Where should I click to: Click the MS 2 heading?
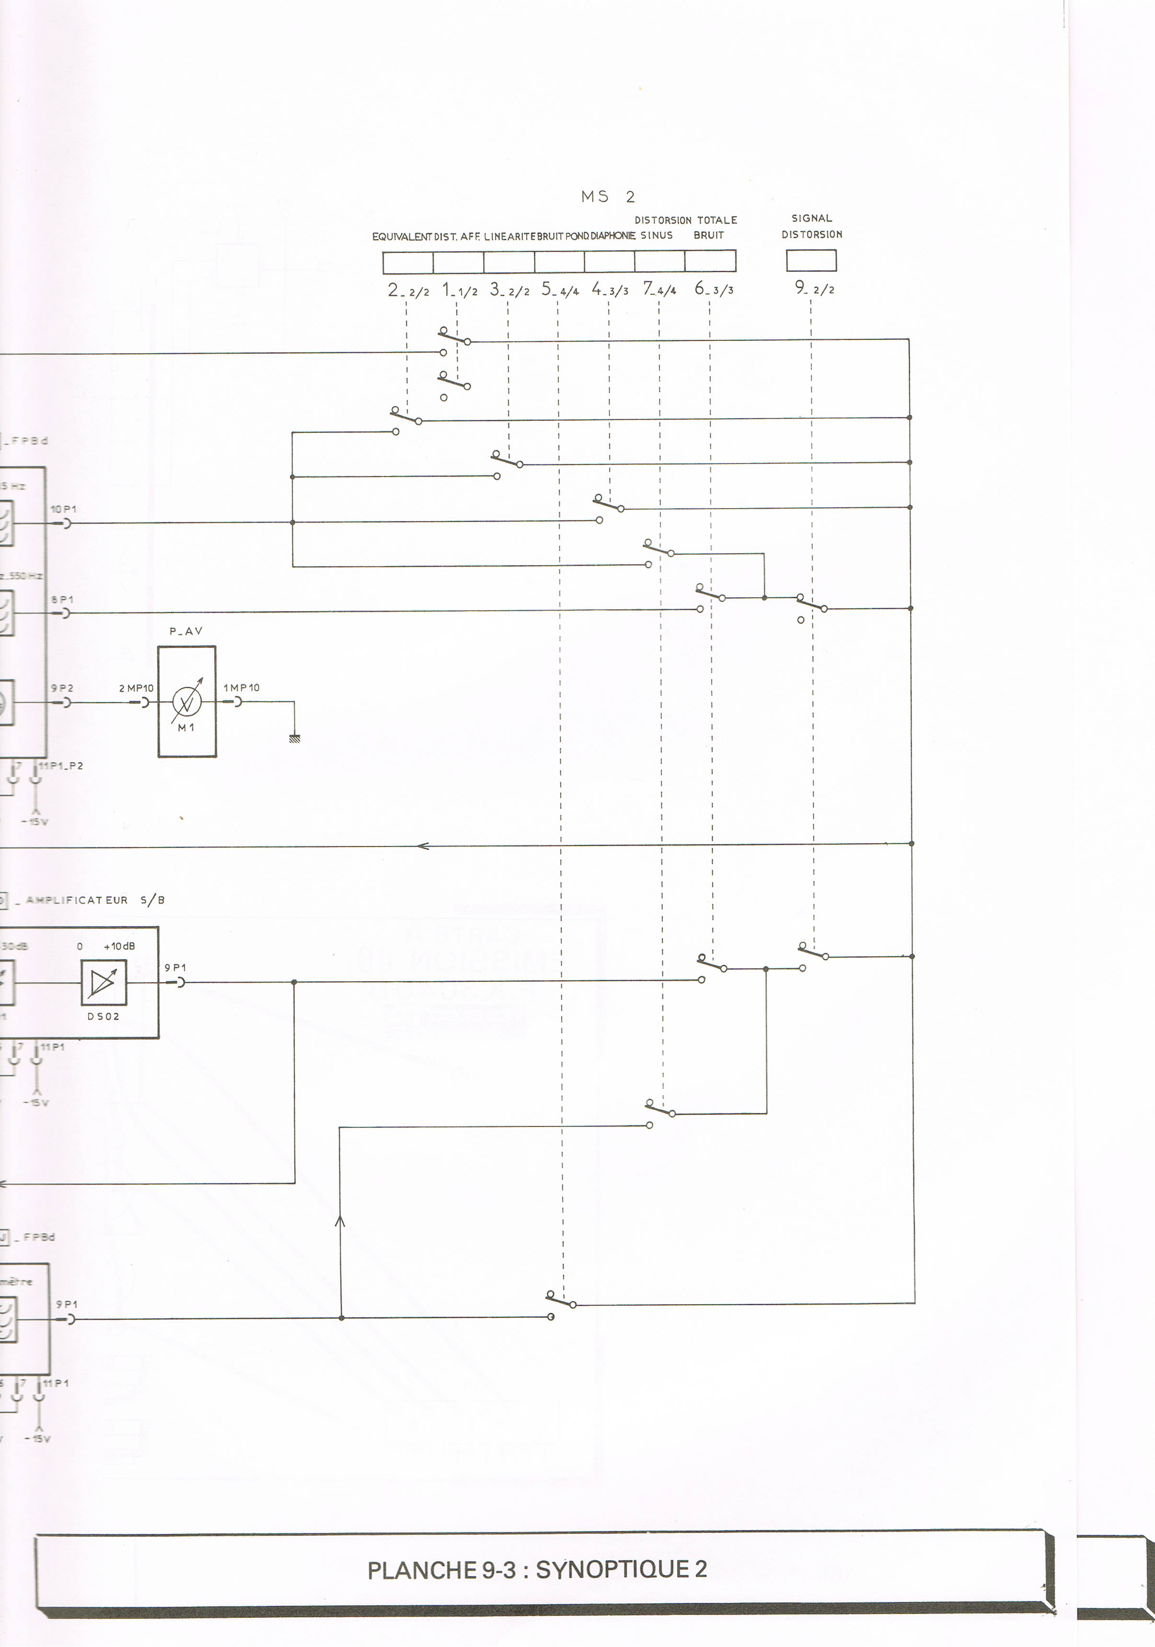click(x=608, y=197)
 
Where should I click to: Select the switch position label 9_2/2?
click(x=814, y=289)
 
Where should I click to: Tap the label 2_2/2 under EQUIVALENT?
click(x=407, y=290)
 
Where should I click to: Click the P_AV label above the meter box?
click(x=186, y=631)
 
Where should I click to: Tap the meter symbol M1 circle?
click(x=186, y=702)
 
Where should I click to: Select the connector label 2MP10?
click(x=136, y=688)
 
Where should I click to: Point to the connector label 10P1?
click(x=63, y=510)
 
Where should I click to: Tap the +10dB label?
click(x=119, y=946)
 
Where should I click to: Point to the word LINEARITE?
click(x=510, y=236)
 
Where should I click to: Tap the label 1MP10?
click(x=241, y=688)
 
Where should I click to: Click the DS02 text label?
click(x=104, y=1017)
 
